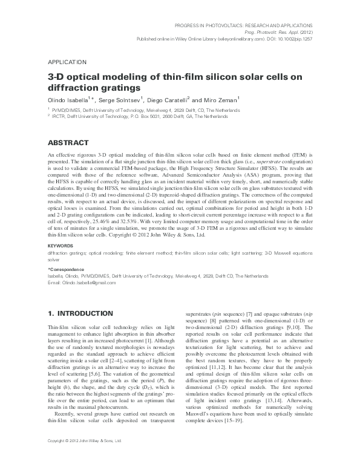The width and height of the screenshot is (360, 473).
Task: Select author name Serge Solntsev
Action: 116,99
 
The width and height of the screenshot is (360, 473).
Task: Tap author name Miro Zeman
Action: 218,99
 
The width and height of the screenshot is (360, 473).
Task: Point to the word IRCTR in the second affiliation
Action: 58,116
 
